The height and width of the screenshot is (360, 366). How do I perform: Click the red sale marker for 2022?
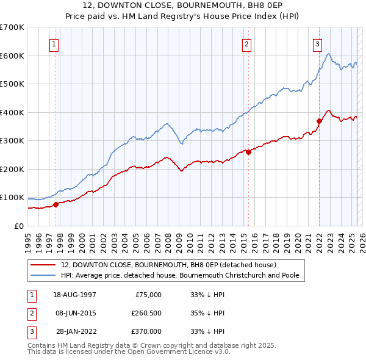click(x=319, y=121)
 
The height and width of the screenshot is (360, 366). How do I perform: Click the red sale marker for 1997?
click(x=56, y=204)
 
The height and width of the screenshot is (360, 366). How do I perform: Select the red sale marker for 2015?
click(x=249, y=153)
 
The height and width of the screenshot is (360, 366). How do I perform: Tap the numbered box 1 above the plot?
click(x=54, y=44)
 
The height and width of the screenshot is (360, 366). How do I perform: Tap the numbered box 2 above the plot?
click(x=247, y=44)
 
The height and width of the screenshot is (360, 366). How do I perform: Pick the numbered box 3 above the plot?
click(x=318, y=44)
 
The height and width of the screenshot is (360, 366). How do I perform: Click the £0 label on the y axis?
click(x=20, y=226)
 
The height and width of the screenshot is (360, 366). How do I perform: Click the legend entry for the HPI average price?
click(x=179, y=275)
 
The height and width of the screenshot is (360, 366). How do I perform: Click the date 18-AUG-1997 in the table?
click(x=75, y=295)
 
